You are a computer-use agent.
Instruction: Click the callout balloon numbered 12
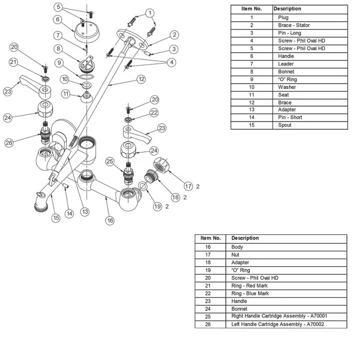[x=141, y=79]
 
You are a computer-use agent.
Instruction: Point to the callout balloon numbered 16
[x=110, y=220]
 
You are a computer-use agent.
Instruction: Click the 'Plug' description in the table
[x=283, y=18]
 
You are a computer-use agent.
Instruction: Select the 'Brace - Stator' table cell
[x=294, y=25]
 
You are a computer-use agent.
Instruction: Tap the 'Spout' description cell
[x=285, y=125]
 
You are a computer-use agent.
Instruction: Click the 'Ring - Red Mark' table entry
[x=250, y=286]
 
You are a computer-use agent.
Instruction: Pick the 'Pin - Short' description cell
[x=290, y=117]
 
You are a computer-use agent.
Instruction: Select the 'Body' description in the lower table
[x=237, y=247]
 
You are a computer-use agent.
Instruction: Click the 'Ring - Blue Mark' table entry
[x=250, y=293]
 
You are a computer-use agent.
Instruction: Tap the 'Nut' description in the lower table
[x=236, y=255]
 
